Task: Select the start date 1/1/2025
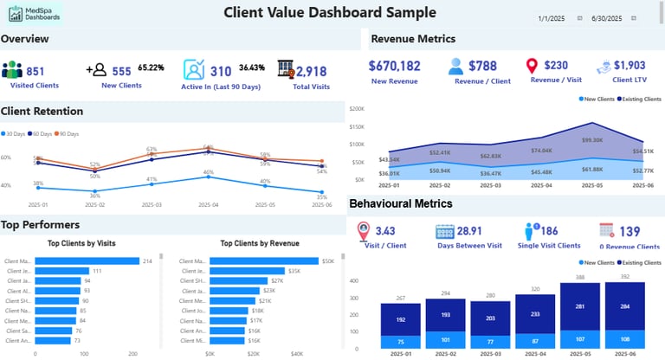(551, 18)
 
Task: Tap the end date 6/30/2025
(606, 18)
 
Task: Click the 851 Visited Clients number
(36, 72)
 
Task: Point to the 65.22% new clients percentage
(152, 67)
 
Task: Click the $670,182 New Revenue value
(395, 66)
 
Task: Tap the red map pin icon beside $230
(533, 67)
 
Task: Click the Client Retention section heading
(42, 111)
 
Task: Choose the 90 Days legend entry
(67, 134)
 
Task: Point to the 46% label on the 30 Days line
(208, 173)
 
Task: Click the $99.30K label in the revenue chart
(592, 140)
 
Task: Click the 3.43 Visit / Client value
(385, 232)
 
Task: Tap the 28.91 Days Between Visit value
(470, 232)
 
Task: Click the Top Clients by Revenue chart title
(260, 243)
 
